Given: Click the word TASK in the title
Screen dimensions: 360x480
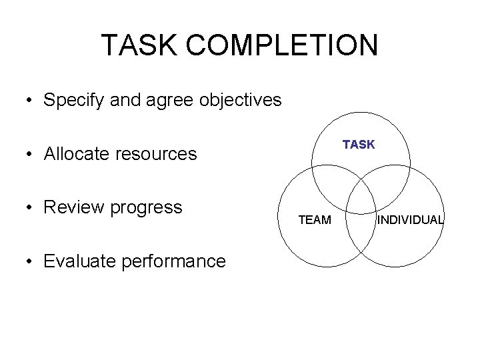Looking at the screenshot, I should (139, 45).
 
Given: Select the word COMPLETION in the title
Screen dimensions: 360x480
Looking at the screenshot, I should (283, 45).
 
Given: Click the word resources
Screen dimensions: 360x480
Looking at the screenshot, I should (156, 155).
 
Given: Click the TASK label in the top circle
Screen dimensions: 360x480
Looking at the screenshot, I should (359, 145).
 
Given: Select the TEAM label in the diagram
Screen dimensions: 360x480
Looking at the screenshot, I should (314, 220).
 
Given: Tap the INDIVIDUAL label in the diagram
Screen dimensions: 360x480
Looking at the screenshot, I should (410, 220).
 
